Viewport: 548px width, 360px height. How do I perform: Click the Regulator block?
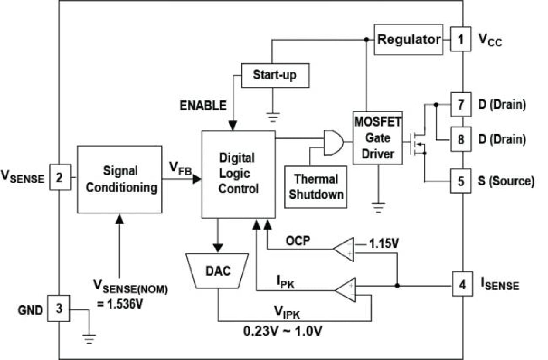(x=408, y=40)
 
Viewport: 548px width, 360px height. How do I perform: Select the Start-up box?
(x=275, y=75)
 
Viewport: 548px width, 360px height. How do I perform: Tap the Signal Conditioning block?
(x=120, y=179)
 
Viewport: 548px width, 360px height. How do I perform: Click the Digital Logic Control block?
(x=238, y=174)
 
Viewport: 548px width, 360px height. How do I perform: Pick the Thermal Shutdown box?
(x=315, y=186)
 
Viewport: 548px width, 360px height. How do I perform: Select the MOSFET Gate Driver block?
(x=378, y=138)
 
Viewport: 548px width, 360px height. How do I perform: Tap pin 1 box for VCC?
(x=461, y=40)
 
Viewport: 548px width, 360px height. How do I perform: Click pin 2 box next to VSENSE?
(x=59, y=177)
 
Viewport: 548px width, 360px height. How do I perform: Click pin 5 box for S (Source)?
(x=461, y=181)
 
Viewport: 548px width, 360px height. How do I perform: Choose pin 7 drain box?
(x=461, y=105)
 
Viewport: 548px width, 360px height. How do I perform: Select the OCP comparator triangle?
(x=345, y=250)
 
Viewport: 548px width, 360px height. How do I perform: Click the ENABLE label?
(x=204, y=105)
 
